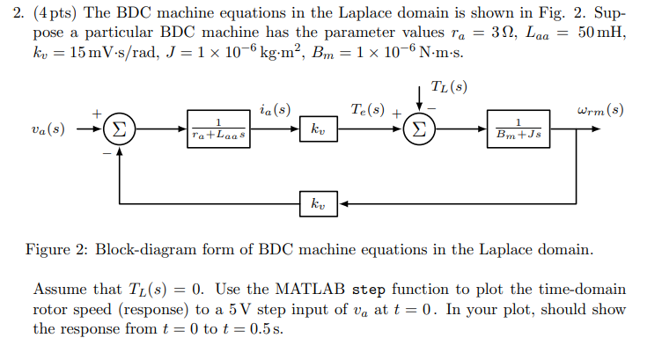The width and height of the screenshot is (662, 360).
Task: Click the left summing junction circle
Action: pos(118,129)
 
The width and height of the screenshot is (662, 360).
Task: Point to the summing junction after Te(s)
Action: pos(418,129)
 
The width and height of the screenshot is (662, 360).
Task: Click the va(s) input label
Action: pos(47,129)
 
